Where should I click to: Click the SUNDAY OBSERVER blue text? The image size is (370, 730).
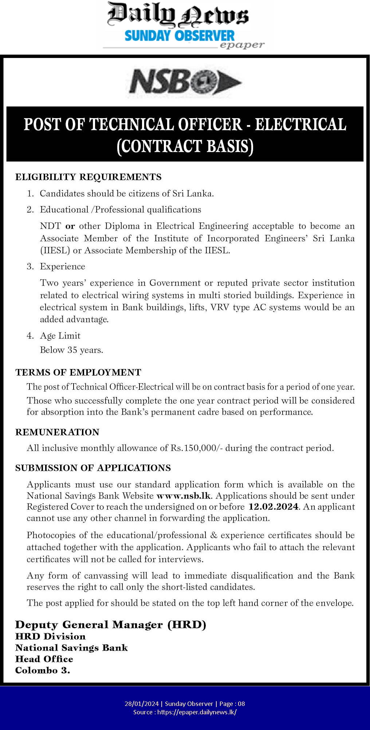(x=180, y=36)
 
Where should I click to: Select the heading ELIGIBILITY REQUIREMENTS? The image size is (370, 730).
(x=88, y=177)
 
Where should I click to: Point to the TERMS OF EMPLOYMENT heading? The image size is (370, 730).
(x=78, y=372)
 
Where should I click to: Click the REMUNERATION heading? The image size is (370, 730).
(x=57, y=432)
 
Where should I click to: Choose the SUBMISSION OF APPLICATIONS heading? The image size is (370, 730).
(x=93, y=468)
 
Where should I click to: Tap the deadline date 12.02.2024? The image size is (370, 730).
(x=273, y=507)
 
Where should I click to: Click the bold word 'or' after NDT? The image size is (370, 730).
(x=70, y=226)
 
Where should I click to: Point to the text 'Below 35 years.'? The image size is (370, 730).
(x=71, y=350)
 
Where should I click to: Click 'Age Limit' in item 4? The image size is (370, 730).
(x=60, y=335)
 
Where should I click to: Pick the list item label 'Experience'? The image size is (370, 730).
(x=62, y=267)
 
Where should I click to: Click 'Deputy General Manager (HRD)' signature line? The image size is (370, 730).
(x=110, y=625)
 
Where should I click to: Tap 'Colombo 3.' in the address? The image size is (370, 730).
(x=43, y=671)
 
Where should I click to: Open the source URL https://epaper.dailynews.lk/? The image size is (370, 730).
(x=197, y=712)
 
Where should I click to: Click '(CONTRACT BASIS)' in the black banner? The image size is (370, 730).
(x=185, y=146)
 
